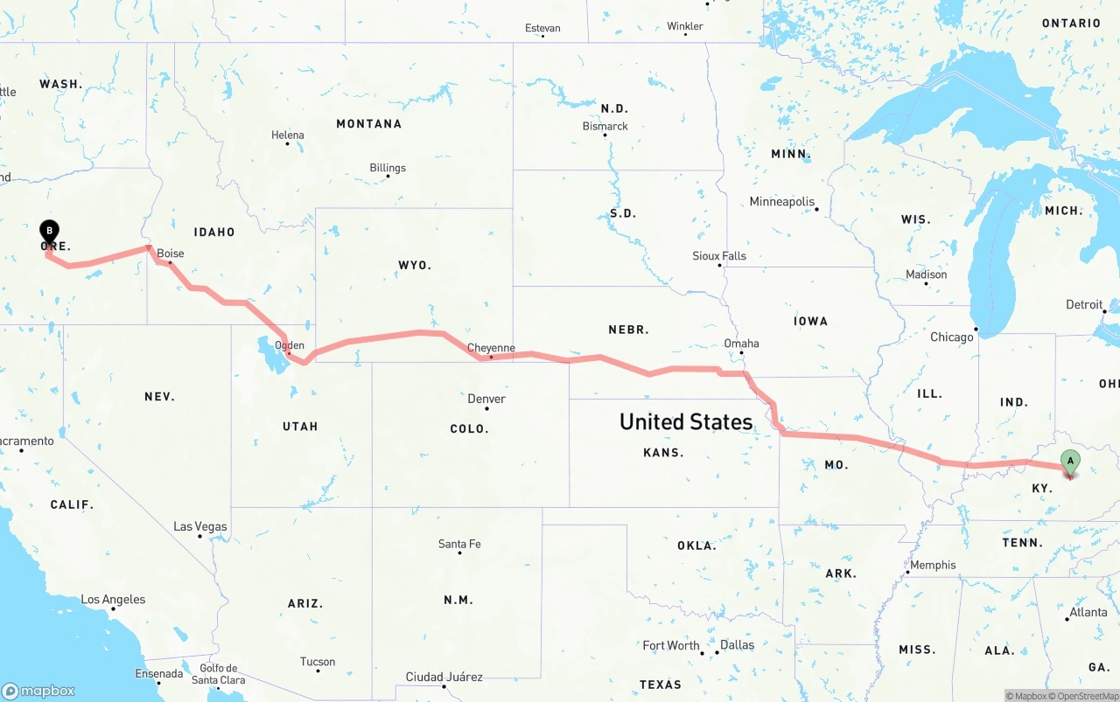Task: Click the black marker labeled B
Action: click(50, 232)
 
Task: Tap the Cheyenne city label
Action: click(491, 348)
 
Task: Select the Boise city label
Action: click(171, 254)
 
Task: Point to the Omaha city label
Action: click(741, 344)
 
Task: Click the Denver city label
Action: click(486, 399)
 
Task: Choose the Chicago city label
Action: click(952, 337)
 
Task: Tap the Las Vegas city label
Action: click(200, 526)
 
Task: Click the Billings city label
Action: click(388, 168)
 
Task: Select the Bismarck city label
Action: click(605, 126)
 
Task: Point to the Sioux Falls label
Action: click(719, 256)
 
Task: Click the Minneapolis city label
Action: click(782, 202)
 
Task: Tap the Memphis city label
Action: click(933, 565)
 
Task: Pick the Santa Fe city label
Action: click(459, 544)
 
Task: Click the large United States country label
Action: click(686, 421)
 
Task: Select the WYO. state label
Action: click(415, 265)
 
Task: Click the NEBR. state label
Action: click(628, 330)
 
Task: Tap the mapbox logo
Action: click(38, 691)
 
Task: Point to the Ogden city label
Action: click(290, 345)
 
